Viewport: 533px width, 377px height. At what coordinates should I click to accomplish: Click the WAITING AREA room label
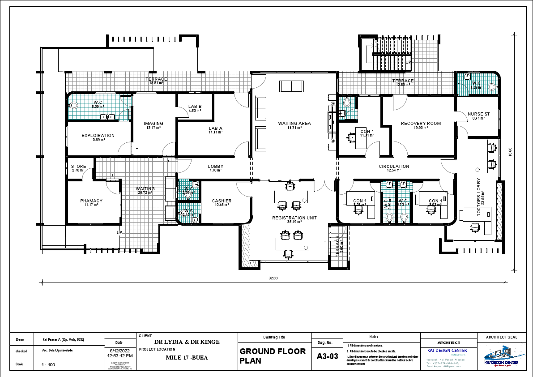294,124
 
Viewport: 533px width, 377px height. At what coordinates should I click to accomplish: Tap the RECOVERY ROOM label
421,124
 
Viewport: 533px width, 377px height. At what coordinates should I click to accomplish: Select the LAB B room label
195,107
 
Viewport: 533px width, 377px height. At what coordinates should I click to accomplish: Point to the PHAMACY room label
91,201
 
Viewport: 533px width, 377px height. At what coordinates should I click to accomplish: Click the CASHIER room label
222,201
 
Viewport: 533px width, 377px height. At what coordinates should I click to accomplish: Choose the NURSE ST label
478,114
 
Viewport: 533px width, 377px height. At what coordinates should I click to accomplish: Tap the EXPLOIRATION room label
98,136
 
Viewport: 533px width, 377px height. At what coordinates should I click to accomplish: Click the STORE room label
79,167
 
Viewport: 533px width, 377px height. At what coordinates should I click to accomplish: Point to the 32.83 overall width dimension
273,278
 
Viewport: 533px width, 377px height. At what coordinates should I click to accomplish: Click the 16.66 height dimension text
510,153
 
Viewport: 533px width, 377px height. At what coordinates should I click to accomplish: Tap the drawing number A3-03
327,357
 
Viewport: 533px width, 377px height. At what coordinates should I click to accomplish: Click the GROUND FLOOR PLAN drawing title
273,356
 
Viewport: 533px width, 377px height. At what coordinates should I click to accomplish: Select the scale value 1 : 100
48,364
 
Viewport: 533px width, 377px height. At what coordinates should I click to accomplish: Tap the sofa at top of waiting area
291,86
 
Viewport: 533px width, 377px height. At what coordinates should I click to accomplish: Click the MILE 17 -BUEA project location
187,358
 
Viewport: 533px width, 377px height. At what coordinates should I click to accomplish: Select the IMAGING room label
154,124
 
